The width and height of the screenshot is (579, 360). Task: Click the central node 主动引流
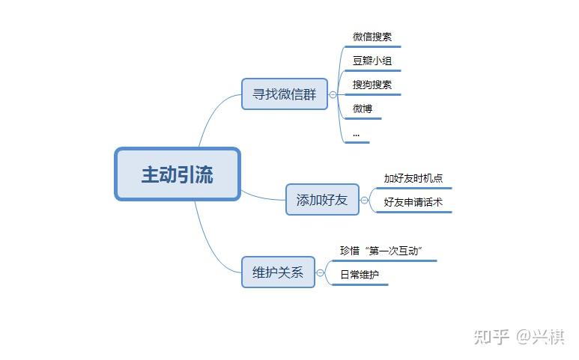pyautogui.click(x=178, y=174)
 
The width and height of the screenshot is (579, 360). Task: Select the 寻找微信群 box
pyautogui.click(x=285, y=94)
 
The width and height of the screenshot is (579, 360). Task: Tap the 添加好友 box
pyautogui.click(x=322, y=200)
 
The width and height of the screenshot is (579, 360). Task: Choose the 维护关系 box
pyautogui.click(x=278, y=272)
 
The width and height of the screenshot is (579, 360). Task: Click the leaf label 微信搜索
pyautogui.click(x=372, y=37)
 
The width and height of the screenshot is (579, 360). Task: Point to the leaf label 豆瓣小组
pyautogui.click(x=372, y=61)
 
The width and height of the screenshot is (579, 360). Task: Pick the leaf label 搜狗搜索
pyautogui.click(x=372, y=85)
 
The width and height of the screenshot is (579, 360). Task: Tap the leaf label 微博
pyautogui.click(x=363, y=109)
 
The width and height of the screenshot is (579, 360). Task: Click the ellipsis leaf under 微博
pyautogui.click(x=356, y=135)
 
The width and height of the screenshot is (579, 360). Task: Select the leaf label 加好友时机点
pyautogui.click(x=413, y=178)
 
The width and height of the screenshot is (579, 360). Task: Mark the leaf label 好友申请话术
pyautogui.click(x=413, y=202)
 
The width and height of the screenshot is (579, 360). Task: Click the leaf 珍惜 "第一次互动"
pyautogui.click(x=381, y=251)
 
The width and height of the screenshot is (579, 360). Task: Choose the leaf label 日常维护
pyautogui.click(x=360, y=275)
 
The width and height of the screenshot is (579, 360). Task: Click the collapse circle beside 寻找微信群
pyautogui.click(x=333, y=94)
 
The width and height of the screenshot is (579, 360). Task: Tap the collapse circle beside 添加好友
pyautogui.click(x=365, y=200)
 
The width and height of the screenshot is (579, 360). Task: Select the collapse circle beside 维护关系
pyautogui.click(x=320, y=272)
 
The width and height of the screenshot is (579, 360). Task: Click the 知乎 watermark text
pyautogui.click(x=492, y=336)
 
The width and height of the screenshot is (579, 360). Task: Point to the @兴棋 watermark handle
pyautogui.click(x=541, y=336)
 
